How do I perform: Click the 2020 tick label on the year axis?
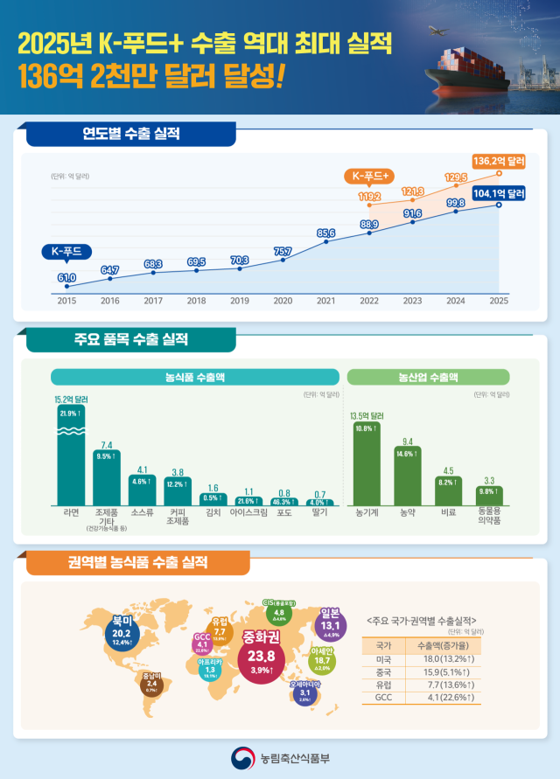(283, 301)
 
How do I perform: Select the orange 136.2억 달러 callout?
(498, 162)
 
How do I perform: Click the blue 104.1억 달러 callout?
(498, 193)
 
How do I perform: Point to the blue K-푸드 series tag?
(66, 252)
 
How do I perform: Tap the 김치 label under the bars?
(211, 514)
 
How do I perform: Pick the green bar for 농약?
(407, 476)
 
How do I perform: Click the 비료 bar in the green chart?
(449, 490)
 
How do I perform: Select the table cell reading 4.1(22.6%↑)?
(446, 699)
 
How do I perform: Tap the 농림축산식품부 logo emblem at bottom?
(241, 756)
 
